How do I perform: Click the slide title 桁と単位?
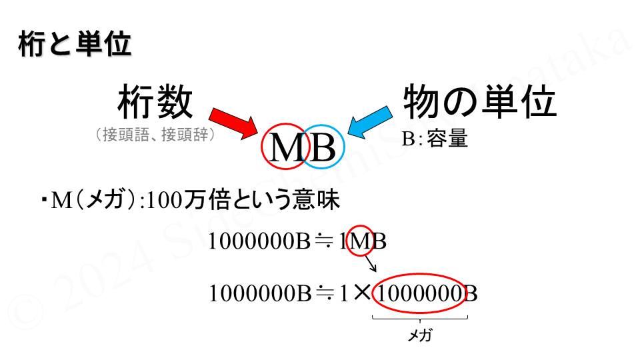pyautogui.click(x=74, y=45)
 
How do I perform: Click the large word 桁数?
pyautogui.click(x=155, y=103)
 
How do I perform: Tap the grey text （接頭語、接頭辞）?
pyautogui.click(x=155, y=135)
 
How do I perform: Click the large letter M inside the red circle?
pyautogui.click(x=287, y=148)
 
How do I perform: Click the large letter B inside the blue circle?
pyautogui.click(x=323, y=148)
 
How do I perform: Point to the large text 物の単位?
pyautogui.click(x=479, y=103)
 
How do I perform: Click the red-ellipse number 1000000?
pyautogui.click(x=419, y=293)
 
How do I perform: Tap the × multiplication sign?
pyautogui.click(x=362, y=293)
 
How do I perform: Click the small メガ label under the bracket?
pyautogui.click(x=419, y=335)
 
